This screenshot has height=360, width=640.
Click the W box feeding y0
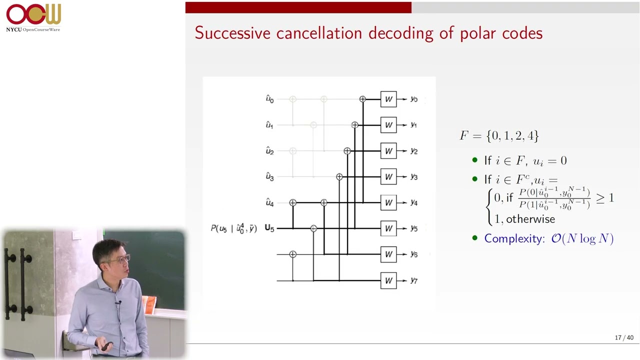388,99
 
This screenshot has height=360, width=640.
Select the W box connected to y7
388,280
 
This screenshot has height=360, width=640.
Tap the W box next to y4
388,202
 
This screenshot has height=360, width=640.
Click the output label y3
414,177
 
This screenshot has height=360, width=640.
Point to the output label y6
414,254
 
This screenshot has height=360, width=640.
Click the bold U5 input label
269,228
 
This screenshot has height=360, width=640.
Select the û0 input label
269,99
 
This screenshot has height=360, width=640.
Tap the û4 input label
269,202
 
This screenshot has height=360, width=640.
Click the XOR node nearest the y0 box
362,99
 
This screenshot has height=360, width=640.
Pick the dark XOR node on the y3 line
339,177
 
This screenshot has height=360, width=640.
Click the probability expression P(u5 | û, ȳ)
233,228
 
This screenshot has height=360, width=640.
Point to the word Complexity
514,238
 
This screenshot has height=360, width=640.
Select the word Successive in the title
232,33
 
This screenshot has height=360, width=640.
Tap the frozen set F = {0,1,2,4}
499,135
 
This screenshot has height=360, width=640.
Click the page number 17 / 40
624,337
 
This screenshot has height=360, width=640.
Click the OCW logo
33,17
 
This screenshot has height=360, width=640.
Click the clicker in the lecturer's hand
106,346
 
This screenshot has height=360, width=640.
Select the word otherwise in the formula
530,219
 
